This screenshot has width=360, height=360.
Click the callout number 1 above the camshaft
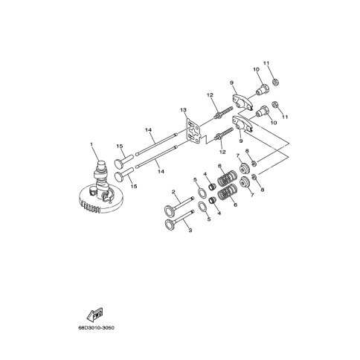[91, 144]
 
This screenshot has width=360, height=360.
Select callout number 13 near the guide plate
[184, 109]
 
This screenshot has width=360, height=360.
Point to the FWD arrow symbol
[95, 315]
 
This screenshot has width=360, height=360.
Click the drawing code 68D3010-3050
[97, 328]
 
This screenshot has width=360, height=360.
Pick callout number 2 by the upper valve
[173, 192]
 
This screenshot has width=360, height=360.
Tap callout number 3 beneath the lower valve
[190, 231]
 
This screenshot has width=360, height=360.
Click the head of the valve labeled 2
[170, 210]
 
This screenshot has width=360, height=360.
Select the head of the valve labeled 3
[170, 224]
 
